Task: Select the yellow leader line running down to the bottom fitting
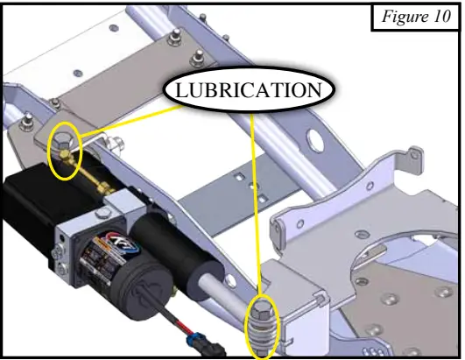tap(257, 201)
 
